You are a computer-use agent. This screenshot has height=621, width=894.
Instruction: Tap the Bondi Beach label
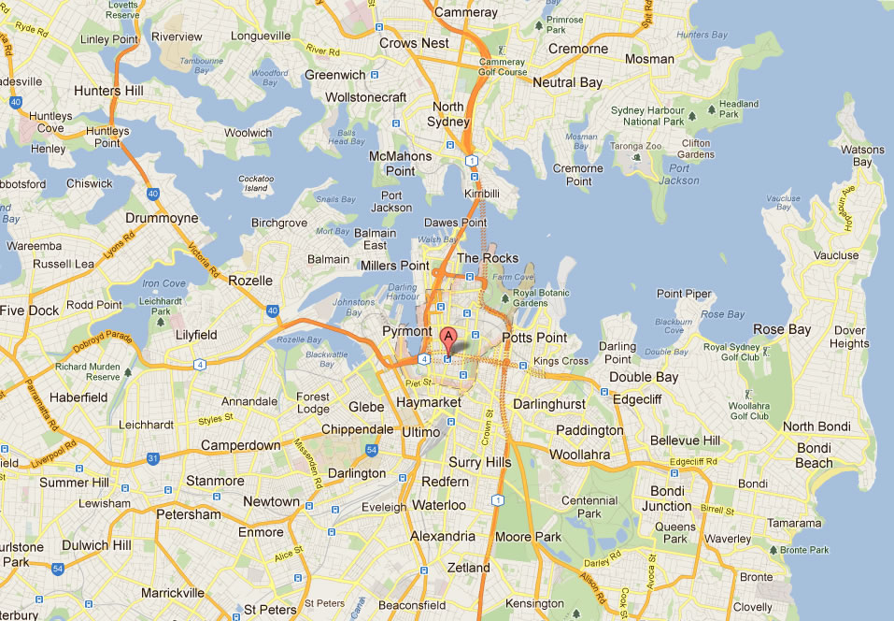(814, 455)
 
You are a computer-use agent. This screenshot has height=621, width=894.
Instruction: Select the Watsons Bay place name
(861, 155)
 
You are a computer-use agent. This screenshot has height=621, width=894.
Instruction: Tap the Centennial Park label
(589, 507)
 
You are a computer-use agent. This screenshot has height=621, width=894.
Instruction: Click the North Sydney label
(447, 114)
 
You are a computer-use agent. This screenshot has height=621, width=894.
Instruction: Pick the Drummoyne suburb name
(163, 218)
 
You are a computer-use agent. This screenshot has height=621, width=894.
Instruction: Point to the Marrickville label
(172, 593)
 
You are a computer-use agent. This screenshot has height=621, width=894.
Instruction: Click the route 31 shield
(152, 458)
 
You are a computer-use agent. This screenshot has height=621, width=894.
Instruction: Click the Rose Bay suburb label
(782, 329)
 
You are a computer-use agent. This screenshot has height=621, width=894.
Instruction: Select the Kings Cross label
(561, 361)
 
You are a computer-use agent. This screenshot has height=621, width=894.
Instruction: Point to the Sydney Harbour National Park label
(647, 115)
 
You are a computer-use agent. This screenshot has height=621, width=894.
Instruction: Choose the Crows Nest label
(414, 43)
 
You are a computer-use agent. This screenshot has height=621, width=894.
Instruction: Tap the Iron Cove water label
(163, 282)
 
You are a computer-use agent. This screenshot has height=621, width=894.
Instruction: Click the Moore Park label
(528, 537)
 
